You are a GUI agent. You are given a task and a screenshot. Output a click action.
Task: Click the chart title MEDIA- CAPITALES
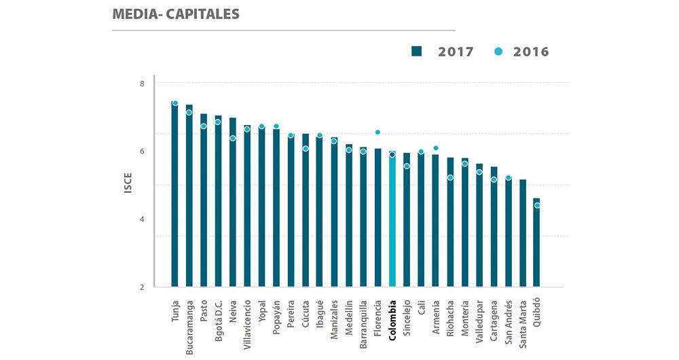[176, 14]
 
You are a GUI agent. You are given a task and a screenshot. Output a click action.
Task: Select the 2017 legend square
[417, 52]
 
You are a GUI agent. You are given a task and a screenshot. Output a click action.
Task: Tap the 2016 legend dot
[498, 52]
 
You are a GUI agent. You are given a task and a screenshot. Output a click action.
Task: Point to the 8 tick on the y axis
[141, 84]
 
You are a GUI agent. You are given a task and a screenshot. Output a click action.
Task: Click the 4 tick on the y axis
[141, 219]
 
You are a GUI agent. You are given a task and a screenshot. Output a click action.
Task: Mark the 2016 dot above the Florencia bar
[378, 132]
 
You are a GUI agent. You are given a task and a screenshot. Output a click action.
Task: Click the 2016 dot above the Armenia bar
[435, 147]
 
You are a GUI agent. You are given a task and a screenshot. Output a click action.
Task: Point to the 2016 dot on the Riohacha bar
[449, 177]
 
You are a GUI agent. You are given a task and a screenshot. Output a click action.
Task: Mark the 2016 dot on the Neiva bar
[232, 138]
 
